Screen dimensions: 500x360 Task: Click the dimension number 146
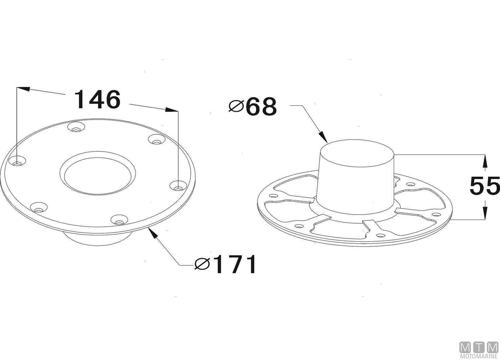point(97,99)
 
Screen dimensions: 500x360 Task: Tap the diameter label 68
point(261,106)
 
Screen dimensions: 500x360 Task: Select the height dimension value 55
point(484,185)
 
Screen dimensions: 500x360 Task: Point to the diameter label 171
point(234,264)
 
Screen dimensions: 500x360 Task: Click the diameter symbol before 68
point(236,106)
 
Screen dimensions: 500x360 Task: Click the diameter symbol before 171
point(202,264)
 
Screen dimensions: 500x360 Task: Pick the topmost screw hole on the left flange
point(76,127)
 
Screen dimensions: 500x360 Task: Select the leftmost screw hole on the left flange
point(17,162)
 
